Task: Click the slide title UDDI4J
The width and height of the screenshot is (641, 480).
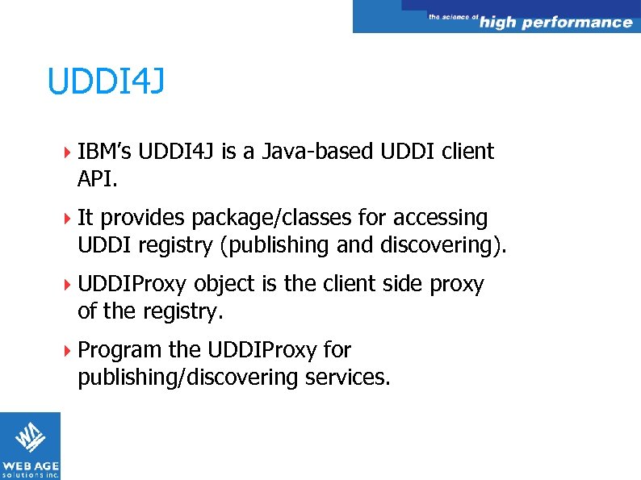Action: (106, 81)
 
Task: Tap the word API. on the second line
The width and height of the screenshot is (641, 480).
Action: (98, 177)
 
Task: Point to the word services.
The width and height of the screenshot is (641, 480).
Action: (347, 377)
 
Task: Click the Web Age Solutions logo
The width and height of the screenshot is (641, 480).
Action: (30, 445)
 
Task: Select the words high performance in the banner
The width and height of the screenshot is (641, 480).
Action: (555, 23)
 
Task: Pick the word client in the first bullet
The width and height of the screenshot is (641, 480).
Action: (467, 152)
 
